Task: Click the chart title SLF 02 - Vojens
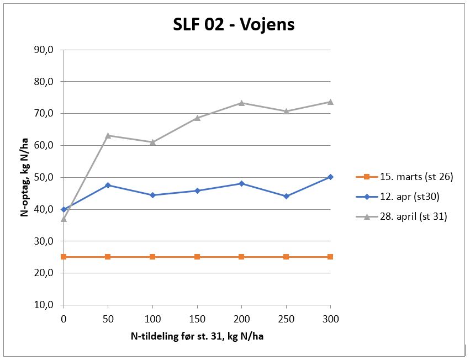[x=234, y=25]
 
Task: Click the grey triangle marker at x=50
[x=108, y=135]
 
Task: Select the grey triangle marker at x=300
[x=330, y=102]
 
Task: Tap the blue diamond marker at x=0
[x=64, y=209]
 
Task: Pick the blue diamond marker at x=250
[x=286, y=196]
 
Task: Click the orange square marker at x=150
[x=197, y=257]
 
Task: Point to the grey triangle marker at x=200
[x=241, y=103]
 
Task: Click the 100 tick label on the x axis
[x=152, y=319]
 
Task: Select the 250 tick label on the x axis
[x=286, y=319]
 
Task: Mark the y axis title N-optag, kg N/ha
[x=25, y=177]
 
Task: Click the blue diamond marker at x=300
[x=330, y=177]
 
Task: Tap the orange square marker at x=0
[x=64, y=257]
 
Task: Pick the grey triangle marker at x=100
[x=152, y=142]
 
